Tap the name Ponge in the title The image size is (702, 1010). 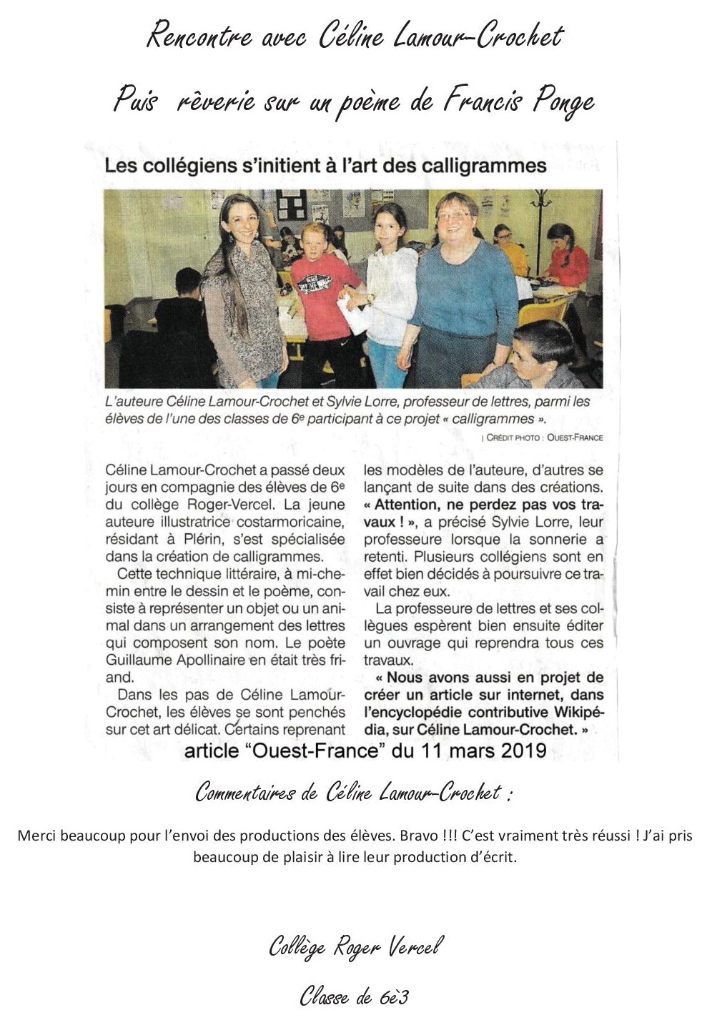pyautogui.click(x=563, y=102)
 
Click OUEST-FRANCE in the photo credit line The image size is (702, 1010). pyautogui.click(x=575, y=437)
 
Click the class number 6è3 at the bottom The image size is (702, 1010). pyautogui.click(x=394, y=996)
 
